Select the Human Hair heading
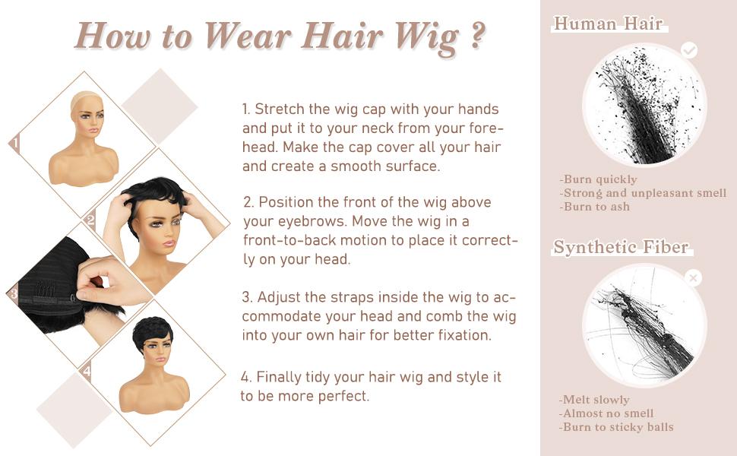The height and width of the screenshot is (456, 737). (608, 24)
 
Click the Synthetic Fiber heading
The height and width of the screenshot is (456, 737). (621, 247)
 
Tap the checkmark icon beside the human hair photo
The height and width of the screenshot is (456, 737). (689, 50)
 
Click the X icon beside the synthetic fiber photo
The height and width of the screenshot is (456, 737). (693, 278)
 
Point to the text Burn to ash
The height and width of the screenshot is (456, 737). (595, 207)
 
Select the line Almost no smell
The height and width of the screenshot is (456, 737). (606, 413)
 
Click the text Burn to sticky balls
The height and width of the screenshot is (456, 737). (616, 427)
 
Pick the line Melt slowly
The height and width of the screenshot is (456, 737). (594, 400)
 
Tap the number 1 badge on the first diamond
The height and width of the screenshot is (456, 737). (16, 142)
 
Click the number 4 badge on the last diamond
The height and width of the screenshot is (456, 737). (86, 372)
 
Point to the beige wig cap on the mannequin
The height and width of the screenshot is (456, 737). (86, 100)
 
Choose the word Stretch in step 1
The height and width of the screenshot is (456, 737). (280, 109)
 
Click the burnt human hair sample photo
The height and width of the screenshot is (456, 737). (644, 104)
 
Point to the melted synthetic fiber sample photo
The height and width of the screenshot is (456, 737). (644, 325)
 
